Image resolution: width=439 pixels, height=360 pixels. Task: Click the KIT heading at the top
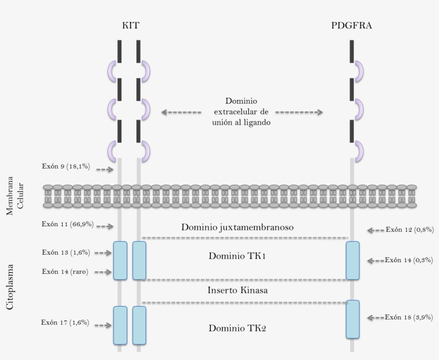tap(131, 25)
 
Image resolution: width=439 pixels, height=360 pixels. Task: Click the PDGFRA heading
tap(352, 25)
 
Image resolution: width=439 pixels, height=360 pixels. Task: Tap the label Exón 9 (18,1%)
tap(66, 166)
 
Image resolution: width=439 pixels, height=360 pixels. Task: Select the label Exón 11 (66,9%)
tap(67, 224)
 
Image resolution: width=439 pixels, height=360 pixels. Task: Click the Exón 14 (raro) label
tap(65, 271)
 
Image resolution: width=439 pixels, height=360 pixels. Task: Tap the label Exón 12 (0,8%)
tap(410, 229)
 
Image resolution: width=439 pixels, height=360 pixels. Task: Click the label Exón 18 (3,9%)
tap(409, 317)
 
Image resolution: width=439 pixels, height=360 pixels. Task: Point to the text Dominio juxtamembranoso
tap(237, 227)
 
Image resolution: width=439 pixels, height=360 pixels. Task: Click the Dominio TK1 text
tap(237, 256)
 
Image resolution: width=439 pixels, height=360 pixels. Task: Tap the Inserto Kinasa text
tap(238, 290)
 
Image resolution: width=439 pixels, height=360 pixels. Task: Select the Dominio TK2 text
tap(237, 328)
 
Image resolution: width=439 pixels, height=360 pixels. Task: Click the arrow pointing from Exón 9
tap(105, 170)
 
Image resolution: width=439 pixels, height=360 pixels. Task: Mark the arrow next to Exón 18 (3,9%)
tap(375, 318)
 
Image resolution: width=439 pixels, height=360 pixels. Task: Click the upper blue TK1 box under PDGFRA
tap(352, 260)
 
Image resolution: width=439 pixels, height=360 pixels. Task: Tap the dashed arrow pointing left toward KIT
tap(181, 112)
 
